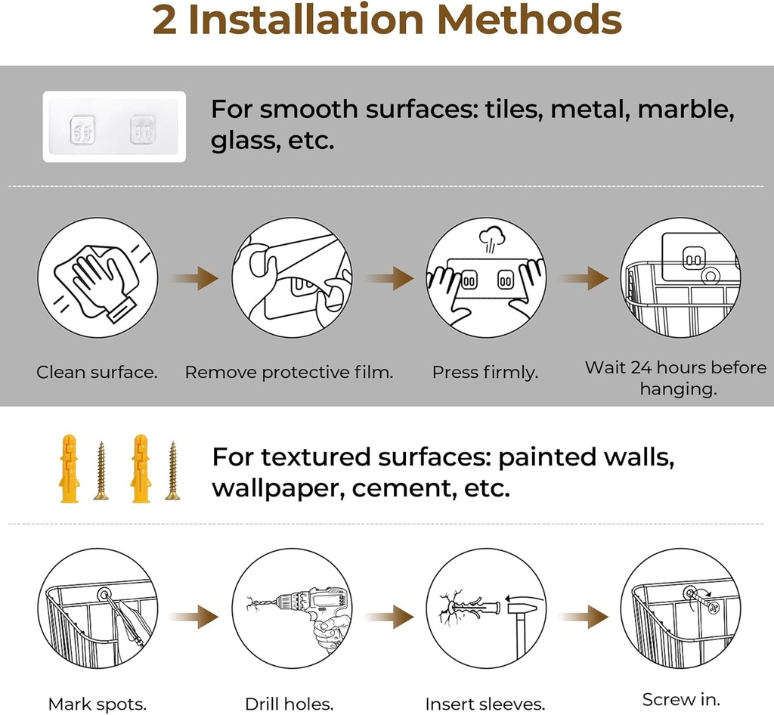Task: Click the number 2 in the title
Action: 165,21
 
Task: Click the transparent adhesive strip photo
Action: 114,126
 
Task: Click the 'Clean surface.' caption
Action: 97,372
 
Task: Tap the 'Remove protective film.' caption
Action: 289,372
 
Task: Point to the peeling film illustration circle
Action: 292,277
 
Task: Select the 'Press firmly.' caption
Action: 485,372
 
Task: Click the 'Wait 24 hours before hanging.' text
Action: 676,378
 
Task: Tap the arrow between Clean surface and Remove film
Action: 194,278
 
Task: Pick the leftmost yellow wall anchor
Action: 68,468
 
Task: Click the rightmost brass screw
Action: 172,470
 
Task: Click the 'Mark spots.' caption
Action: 97,704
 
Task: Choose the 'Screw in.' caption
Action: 681,699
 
